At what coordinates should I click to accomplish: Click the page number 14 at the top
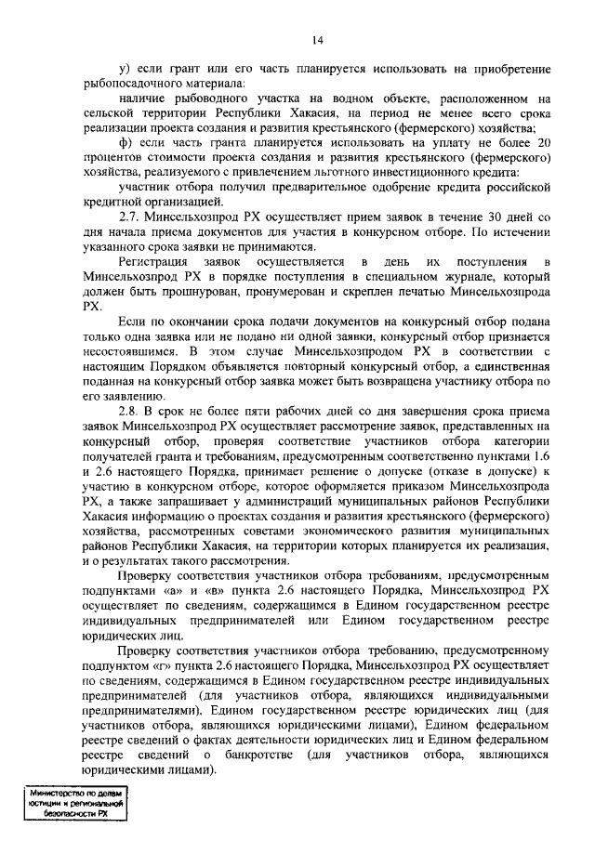317,40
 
